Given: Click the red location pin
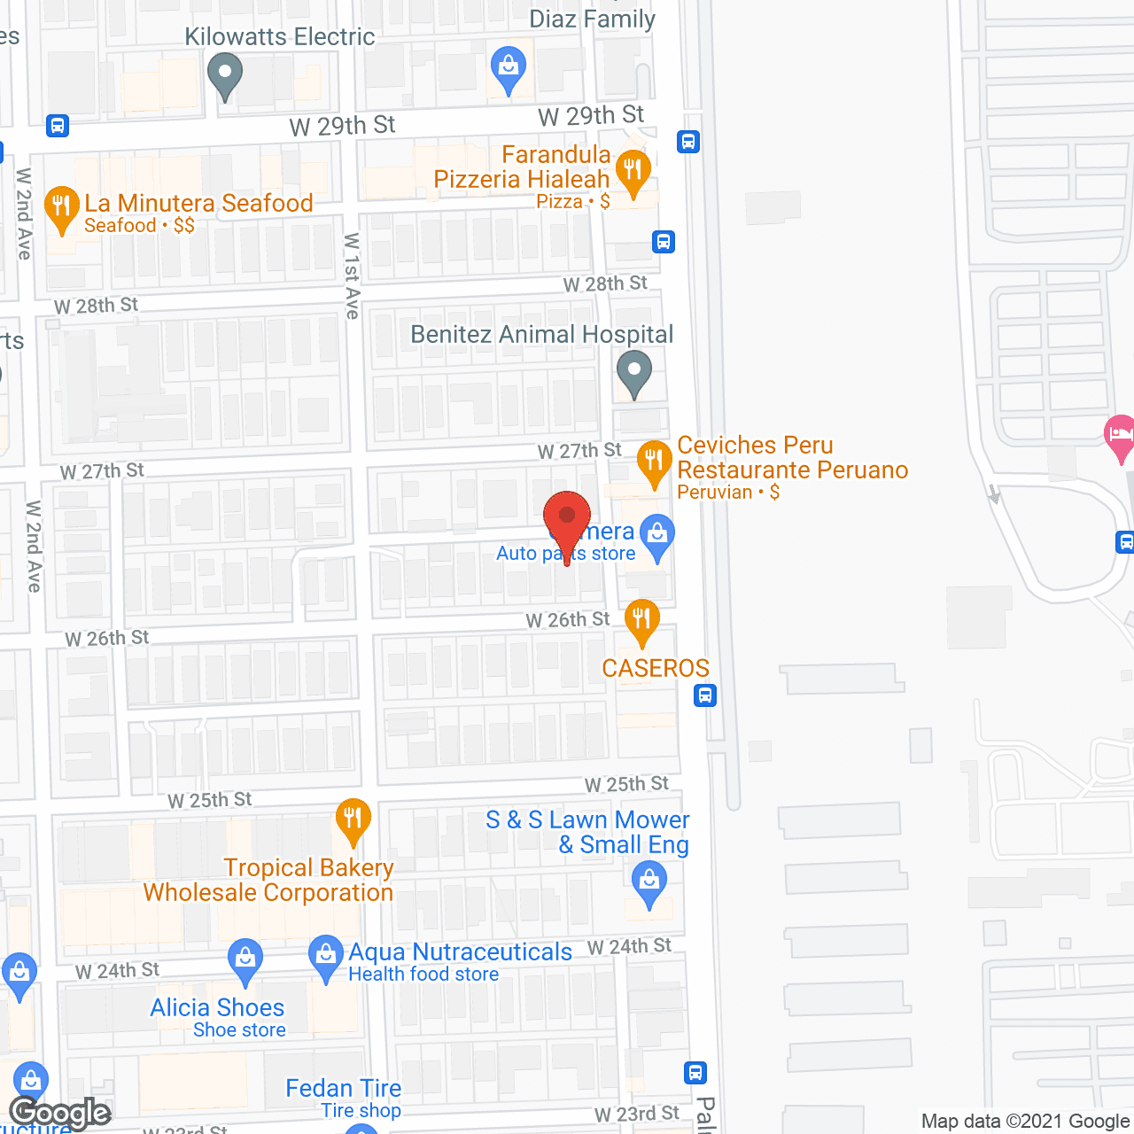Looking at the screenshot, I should pyautogui.click(x=567, y=518).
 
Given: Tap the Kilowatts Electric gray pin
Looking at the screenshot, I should pyautogui.click(x=225, y=74).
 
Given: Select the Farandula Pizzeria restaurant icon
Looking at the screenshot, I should pyautogui.click(x=633, y=169).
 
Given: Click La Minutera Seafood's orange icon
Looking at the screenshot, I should pyautogui.click(x=61, y=206).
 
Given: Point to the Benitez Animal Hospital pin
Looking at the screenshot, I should pyautogui.click(x=633, y=370).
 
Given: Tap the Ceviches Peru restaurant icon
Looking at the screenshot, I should pyautogui.click(x=654, y=461).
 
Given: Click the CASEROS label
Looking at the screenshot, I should pyautogui.click(x=656, y=668).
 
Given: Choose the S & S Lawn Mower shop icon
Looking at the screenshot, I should pyautogui.click(x=649, y=882).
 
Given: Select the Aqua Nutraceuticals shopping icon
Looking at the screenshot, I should pyautogui.click(x=326, y=955).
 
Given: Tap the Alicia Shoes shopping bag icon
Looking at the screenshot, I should pyautogui.click(x=245, y=959).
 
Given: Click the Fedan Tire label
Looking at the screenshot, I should pyautogui.click(x=344, y=1088).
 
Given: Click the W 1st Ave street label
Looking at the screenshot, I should pyautogui.click(x=352, y=276).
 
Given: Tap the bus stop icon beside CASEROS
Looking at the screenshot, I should pyautogui.click(x=705, y=695).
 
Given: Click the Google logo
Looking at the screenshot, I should pyautogui.click(x=60, y=1113).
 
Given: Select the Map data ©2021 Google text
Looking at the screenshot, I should pyautogui.click(x=1026, y=1121).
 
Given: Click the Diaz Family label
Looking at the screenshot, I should pyautogui.click(x=592, y=19).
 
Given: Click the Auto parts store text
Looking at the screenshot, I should pyautogui.click(x=566, y=554).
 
